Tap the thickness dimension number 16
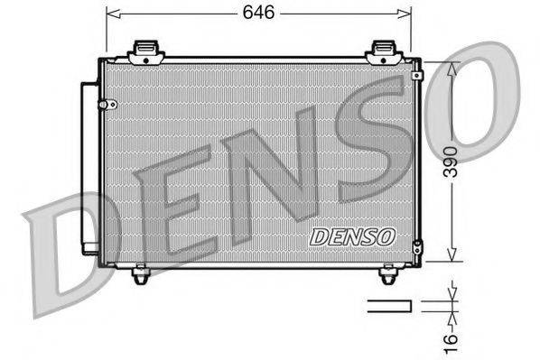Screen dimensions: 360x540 (x=457, y=337)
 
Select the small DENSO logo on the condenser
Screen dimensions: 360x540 (x=352, y=235)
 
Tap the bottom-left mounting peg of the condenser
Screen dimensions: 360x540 (x=140, y=273)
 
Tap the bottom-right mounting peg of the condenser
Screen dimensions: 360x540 (x=389, y=273)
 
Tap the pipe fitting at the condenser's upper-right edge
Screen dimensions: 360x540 (x=416, y=76)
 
